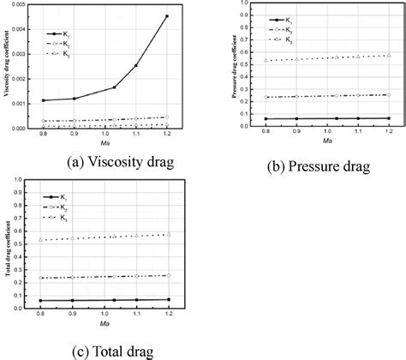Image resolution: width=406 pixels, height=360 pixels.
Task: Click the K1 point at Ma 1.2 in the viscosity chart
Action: [167, 16]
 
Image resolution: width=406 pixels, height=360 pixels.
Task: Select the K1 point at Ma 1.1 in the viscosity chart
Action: [135, 65]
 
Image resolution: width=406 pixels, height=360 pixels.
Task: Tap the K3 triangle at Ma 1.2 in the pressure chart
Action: [389, 56]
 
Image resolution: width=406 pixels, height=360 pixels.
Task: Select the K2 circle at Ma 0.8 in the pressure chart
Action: [267, 97]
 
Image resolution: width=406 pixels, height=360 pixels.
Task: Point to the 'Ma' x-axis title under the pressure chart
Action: [329, 141]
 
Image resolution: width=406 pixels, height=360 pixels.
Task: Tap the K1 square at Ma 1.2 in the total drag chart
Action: [169, 299]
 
